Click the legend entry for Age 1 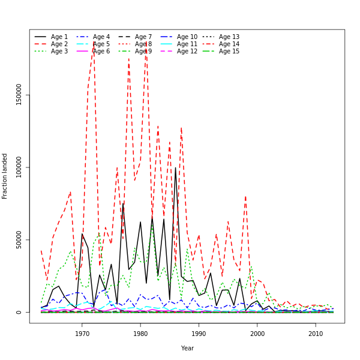[x=59, y=37]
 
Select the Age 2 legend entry [x=59, y=44]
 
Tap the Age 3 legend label [x=59, y=52]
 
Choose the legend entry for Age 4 [x=101, y=37]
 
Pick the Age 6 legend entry [x=101, y=52]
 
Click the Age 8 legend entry [x=143, y=44]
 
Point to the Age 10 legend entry [x=187, y=37]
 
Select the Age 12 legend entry [x=187, y=52]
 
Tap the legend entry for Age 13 [x=229, y=37]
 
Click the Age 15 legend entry [x=229, y=52]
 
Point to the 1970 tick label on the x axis [x=82, y=334]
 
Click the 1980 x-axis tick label [x=140, y=334]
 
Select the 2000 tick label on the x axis [x=257, y=334]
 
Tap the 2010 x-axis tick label [x=316, y=334]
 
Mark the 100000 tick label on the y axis [x=19, y=167]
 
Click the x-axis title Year [x=187, y=348]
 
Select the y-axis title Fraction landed [x=5, y=176]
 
